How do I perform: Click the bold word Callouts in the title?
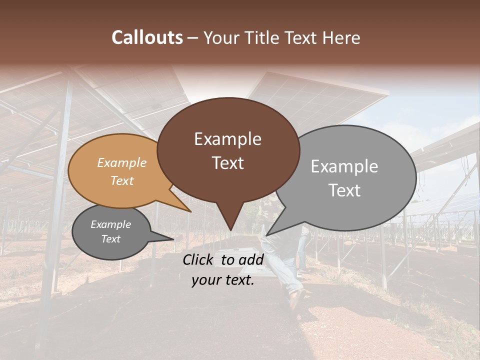tap(147, 37)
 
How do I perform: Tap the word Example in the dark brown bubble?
tap(227, 139)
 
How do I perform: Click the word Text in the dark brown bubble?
tap(227, 163)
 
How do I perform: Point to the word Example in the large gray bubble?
tap(344, 166)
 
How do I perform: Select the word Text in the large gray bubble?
tap(344, 190)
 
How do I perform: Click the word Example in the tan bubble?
tap(121, 163)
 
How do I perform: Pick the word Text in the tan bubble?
tap(121, 180)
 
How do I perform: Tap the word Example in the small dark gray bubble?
tap(110, 224)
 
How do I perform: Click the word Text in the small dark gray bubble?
tap(110, 239)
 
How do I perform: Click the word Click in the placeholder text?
tap(198, 259)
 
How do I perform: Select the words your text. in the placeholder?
tap(222, 280)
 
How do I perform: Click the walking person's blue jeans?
tap(282, 265)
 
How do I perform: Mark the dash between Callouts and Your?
tap(193, 38)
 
